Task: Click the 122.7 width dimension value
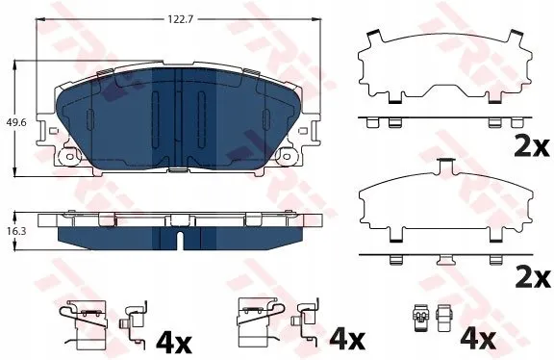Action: (180, 19)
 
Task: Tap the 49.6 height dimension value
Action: (16, 122)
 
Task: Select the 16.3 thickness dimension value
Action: (16, 231)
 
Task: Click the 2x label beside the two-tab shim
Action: (531, 147)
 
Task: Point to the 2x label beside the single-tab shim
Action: (533, 278)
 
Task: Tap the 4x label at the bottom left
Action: (174, 342)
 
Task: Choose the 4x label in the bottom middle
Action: (347, 339)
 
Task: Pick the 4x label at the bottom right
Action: (478, 339)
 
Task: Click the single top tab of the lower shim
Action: (446, 167)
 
